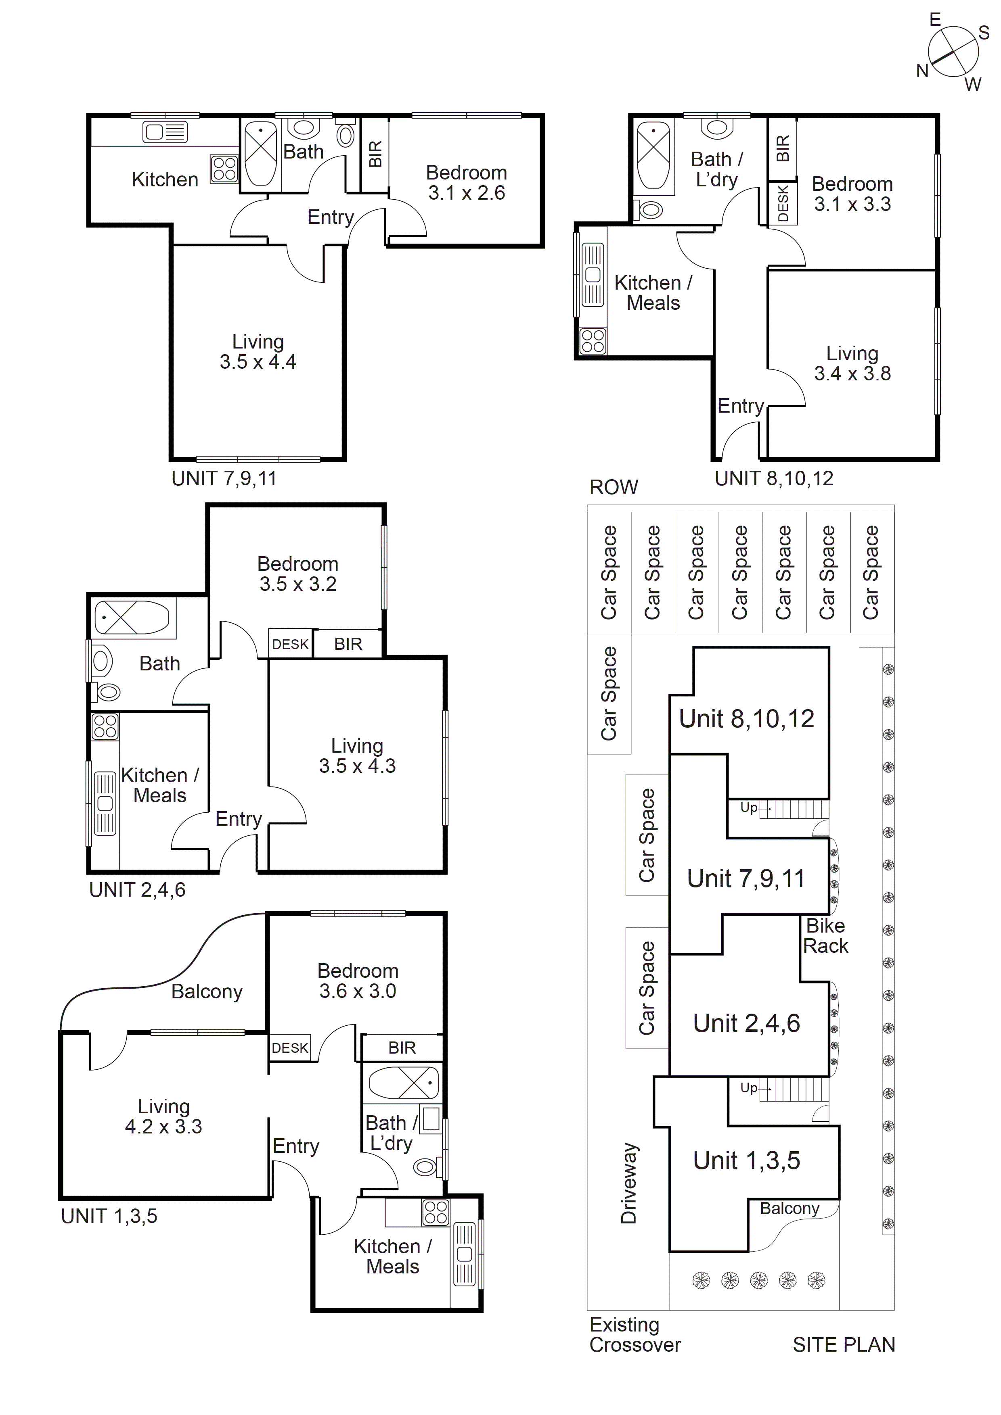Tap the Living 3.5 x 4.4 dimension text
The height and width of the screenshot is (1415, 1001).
pyautogui.click(x=258, y=362)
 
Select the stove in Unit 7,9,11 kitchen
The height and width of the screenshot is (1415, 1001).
pyautogui.click(x=224, y=168)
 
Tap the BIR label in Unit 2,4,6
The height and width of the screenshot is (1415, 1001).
pyautogui.click(x=348, y=644)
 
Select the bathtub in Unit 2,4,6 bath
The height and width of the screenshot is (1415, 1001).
pyautogui.click(x=131, y=617)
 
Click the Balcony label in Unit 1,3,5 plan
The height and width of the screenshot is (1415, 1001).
pyautogui.click(x=207, y=991)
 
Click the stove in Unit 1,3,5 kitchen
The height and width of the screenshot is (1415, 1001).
pyautogui.click(x=436, y=1212)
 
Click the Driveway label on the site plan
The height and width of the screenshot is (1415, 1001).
pyautogui.click(x=628, y=1183)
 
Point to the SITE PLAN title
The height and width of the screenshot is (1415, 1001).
pyautogui.click(x=843, y=1345)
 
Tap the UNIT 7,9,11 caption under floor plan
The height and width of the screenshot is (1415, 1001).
pyautogui.click(x=224, y=478)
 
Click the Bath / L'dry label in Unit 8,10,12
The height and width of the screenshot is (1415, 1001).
pyautogui.click(x=717, y=169)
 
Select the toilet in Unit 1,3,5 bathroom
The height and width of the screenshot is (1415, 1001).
pyautogui.click(x=425, y=1166)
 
